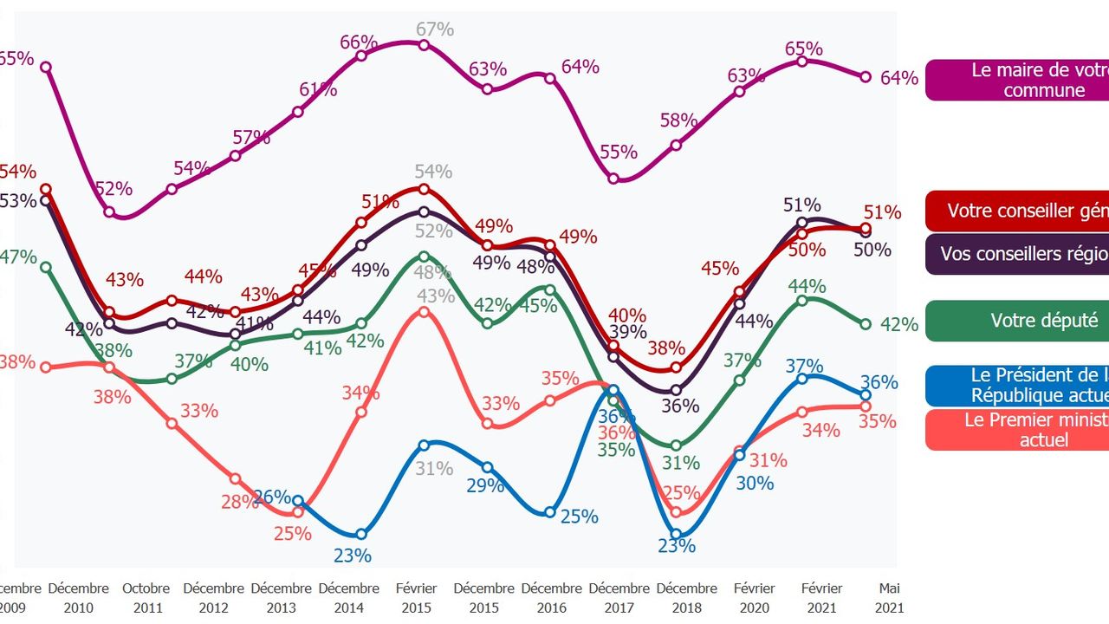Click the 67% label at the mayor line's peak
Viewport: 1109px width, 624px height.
435,29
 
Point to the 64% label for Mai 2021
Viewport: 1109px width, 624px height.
898,78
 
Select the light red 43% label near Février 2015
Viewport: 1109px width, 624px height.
435,296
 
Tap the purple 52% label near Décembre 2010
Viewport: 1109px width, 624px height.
113,189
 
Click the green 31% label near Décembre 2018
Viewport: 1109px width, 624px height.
681,463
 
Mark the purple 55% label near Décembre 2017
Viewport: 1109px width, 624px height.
619,153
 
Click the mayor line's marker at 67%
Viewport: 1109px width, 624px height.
424,45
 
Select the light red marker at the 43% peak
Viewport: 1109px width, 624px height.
424,311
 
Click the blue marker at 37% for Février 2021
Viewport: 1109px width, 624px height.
802,378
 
